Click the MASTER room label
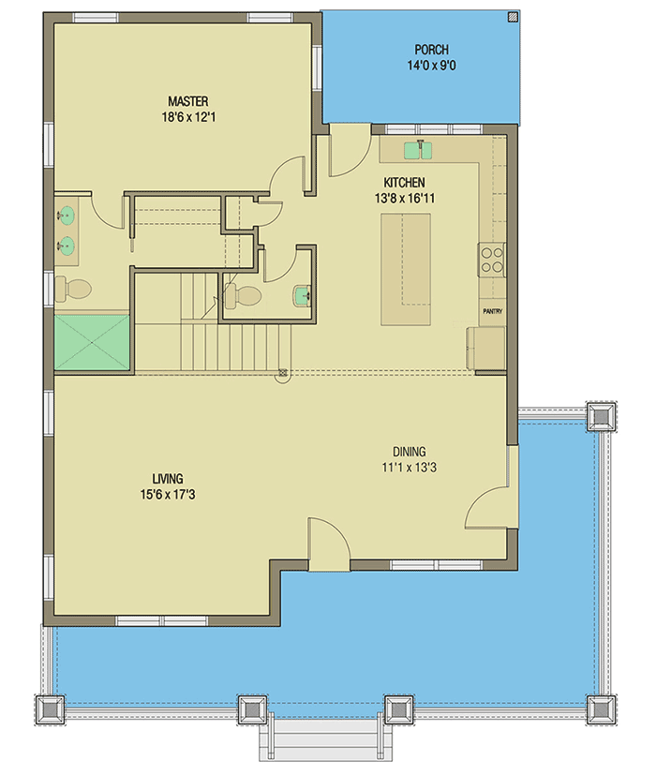(x=187, y=101)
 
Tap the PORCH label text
(x=432, y=50)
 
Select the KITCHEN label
(x=404, y=183)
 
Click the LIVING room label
(x=169, y=477)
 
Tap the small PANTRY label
(x=492, y=311)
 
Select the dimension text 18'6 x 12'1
(x=187, y=117)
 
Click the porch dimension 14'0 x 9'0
(x=432, y=67)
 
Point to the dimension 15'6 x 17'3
(x=169, y=494)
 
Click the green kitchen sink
(x=417, y=149)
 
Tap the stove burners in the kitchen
(x=492, y=258)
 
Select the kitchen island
(x=406, y=269)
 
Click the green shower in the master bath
(x=92, y=342)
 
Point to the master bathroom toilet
(x=71, y=288)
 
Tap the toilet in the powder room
(x=242, y=297)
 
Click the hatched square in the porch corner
(x=511, y=16)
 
